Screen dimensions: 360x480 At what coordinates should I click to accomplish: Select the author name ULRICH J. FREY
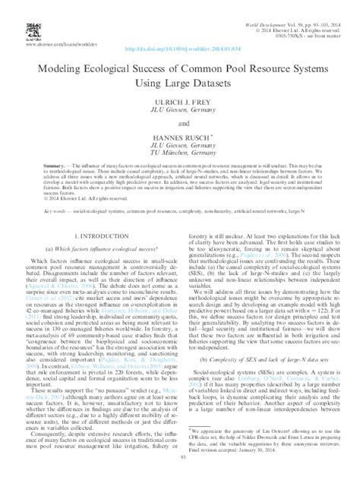click(180, 101)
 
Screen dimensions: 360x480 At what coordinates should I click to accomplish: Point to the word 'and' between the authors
click(180, 122)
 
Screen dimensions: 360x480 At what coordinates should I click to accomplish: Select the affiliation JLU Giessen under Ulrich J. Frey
click(180, 109)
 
